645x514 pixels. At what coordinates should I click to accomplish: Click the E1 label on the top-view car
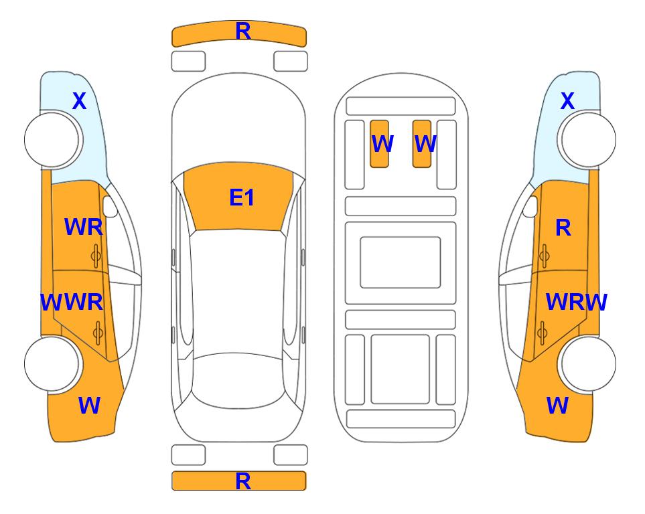pyautogui.click(x=242, y=197)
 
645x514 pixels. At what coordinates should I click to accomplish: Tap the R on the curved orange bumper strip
pyautogui.click(x=243, y=31)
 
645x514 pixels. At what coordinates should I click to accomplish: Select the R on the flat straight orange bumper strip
pyautogui.click(x=243, y=481)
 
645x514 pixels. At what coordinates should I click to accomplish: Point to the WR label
pyautogui.click(x=84, y=227)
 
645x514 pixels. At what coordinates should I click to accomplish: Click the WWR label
pyautogui.click(x=72, y=303)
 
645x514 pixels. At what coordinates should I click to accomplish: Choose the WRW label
pyautogui.click(x=576, y=303)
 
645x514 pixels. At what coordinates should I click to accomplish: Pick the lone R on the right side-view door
pyautogui.click(x=563, y=228)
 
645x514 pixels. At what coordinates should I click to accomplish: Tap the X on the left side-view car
pyautogui.click(x=80, y=101)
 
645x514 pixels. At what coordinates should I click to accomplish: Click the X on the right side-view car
pyautogui.click(x=567, y=101)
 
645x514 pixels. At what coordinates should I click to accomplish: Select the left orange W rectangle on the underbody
pyautogui.click(x=379, y=144)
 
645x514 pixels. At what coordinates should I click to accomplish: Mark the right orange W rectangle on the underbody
pyautogui.click(x=422, y=144)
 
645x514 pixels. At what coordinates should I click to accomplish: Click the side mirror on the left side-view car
pyautogui.click(x=109, y=206)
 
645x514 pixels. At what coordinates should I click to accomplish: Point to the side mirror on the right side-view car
pyautogui.click(x=530, y=206)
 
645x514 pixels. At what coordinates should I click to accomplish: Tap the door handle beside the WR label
pyautogui.click(x=96, y=256)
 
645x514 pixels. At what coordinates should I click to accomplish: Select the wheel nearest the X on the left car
pyautogui.click(x=52, y=140)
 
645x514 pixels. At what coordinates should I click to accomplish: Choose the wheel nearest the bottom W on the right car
pyautogui.click(x=587, y=363)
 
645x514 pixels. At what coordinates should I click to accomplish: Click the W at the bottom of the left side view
pyautogui.click(x=89, y=406)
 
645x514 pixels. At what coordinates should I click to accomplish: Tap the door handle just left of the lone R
pyautogui.click(x=544, y=256)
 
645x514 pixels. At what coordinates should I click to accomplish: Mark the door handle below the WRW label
pyautogui.click(x=543, y=333)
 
